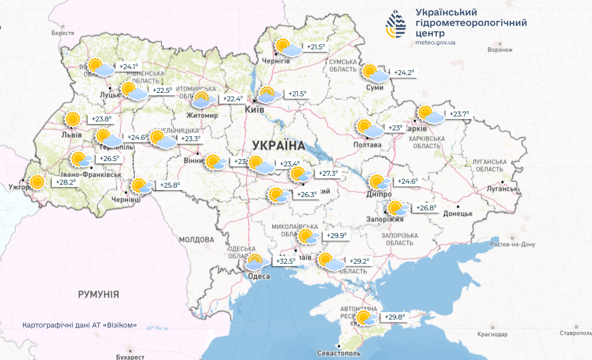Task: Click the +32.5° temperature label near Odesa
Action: click(x=286, y=261)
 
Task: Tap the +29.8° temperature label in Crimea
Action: click(x=395, y=317)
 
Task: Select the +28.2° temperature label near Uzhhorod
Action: click(x=65, y=182)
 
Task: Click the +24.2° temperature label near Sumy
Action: click(x=403, y=73)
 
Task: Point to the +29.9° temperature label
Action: click(x=336, y=236)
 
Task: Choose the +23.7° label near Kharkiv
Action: click(x=459, y=114)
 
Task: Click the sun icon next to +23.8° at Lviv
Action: click(x=73, y=119)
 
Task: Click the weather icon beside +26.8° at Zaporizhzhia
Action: click(x=397, y=208)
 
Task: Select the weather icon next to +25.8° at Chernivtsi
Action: click(x=142, y=186)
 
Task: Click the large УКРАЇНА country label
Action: click(x=278, y=145)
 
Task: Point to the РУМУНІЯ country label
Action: click(x=98, y=294)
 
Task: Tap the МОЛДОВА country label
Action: click(x=197, y=240)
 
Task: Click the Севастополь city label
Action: click(x=340, y=354)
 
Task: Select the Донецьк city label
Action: click(x=458, y=213)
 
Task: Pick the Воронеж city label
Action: click(x=500, y=50)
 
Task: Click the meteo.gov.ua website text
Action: click(x=435, y=42)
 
